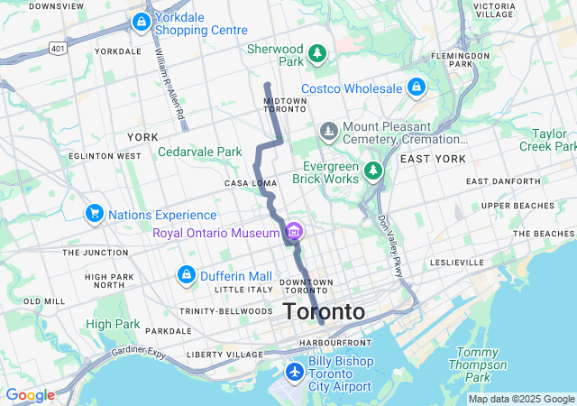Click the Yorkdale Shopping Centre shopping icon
(x=141, y=23)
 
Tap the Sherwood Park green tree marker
(x=317, y=55)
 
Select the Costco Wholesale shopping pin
(x=416, y=88)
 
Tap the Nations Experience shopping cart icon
(x=94, y=214)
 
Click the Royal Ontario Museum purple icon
(x=293, y=234)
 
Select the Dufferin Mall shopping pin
(x=186, y=274)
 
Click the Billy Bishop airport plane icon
(x=294, y=372)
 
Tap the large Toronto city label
(x=324, y=312)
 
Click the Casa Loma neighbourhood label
(x=251, y=183)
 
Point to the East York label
(x=433, y=159)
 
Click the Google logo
(x=30, y=395)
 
